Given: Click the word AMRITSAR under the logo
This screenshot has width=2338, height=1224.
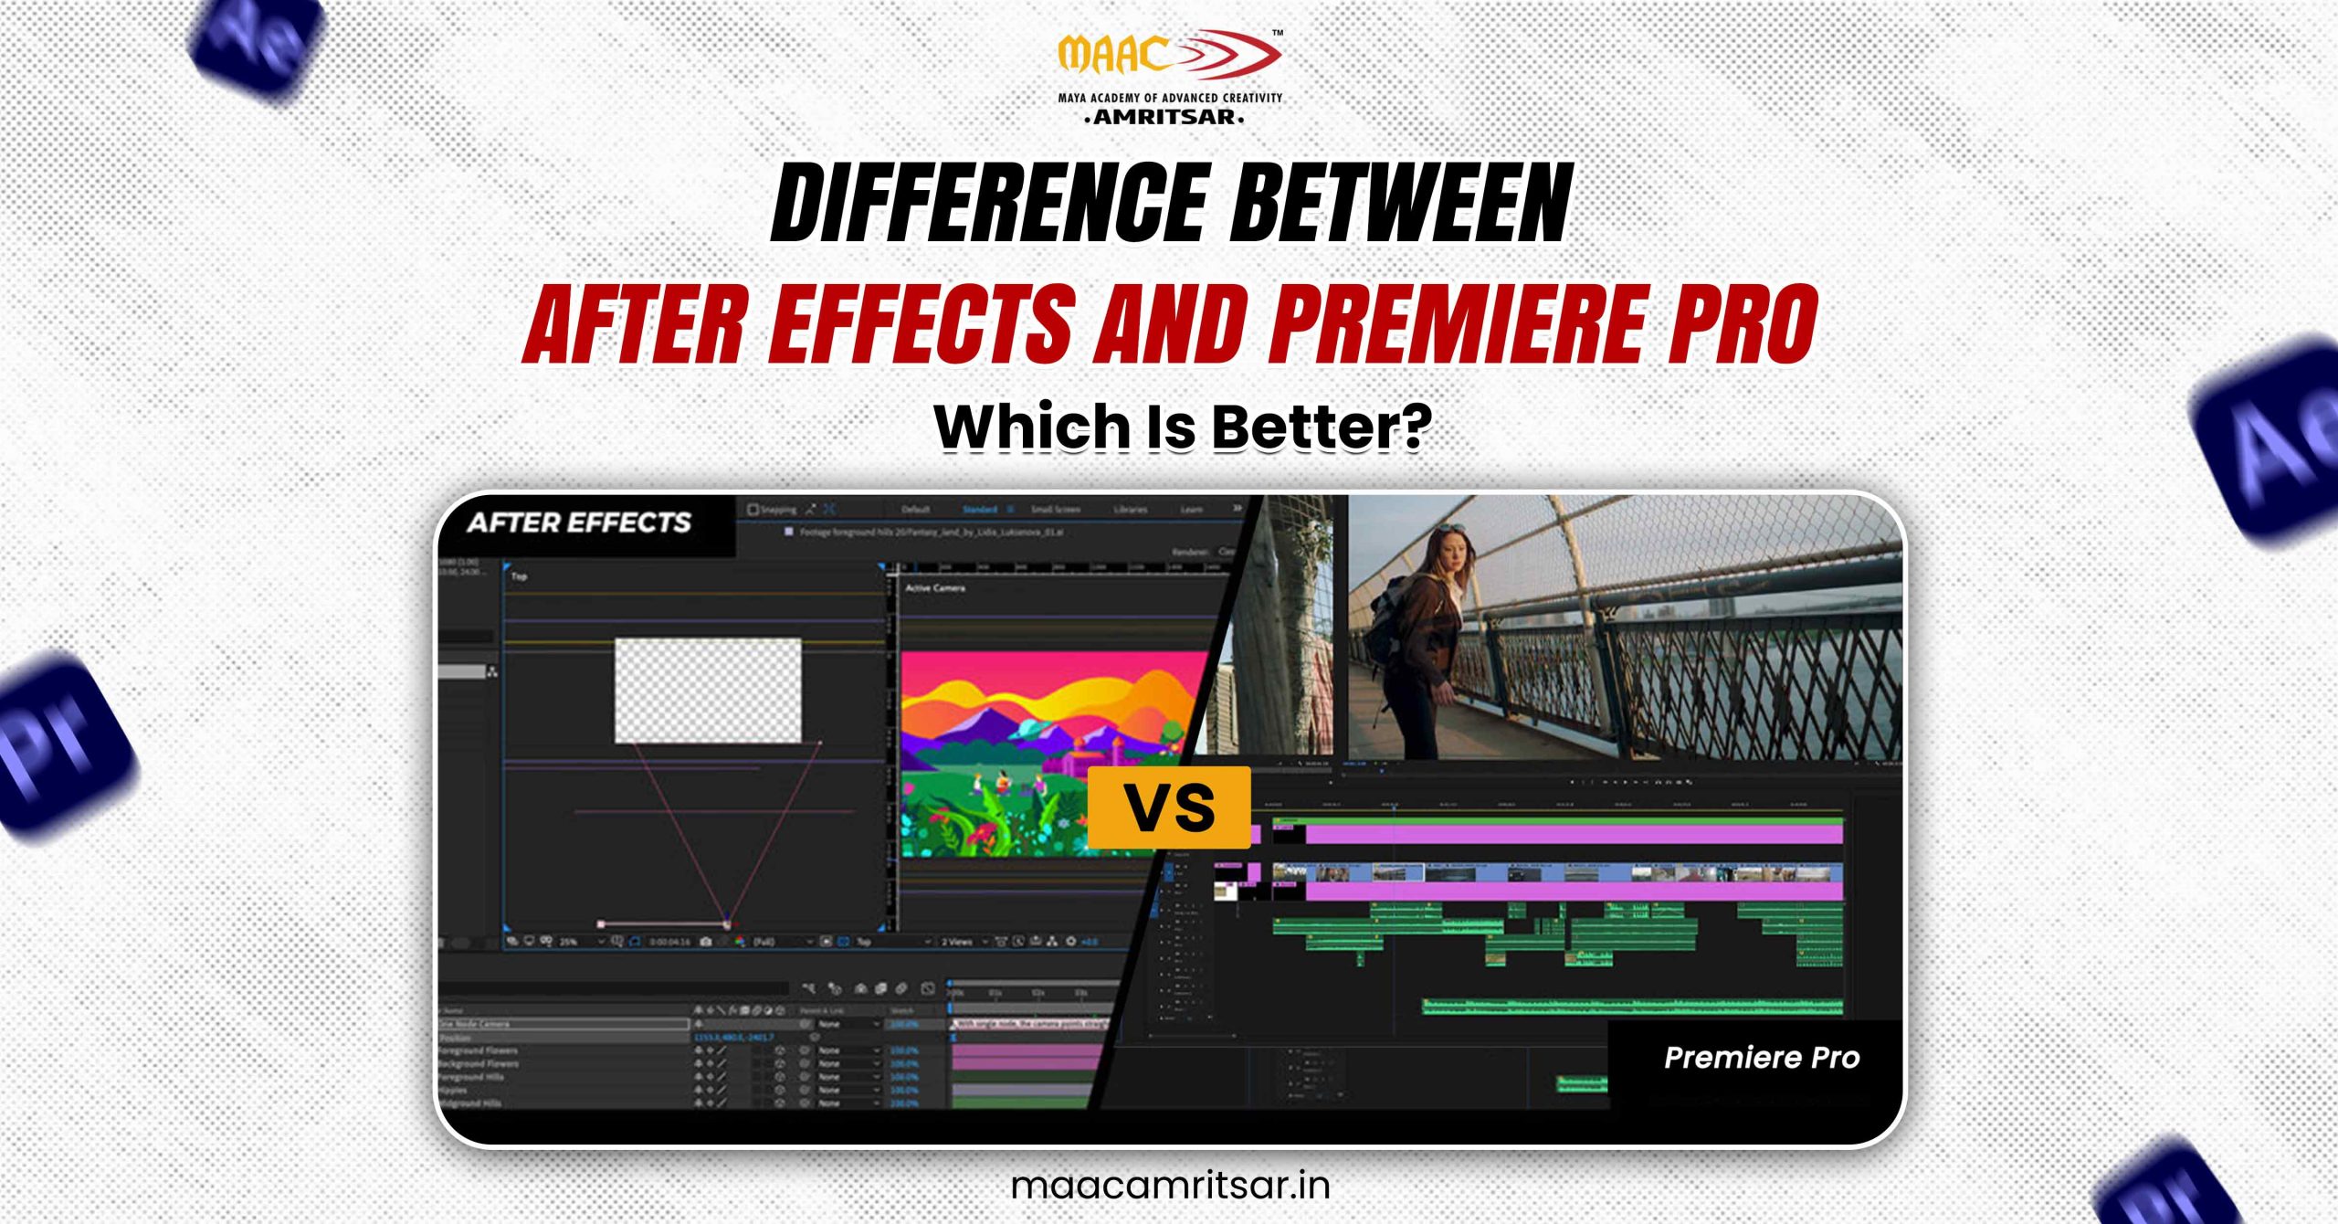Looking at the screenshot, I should (1164, 117).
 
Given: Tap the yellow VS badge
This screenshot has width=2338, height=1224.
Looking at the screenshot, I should (1169, 807).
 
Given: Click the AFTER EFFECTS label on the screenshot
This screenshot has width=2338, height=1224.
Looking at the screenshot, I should (579, 522).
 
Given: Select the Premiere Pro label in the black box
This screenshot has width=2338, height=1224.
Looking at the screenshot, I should (1761, 1058).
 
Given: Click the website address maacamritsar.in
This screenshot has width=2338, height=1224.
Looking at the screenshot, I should (1170, 1185).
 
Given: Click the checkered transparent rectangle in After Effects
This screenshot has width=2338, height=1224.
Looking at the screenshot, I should (708, 691).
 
